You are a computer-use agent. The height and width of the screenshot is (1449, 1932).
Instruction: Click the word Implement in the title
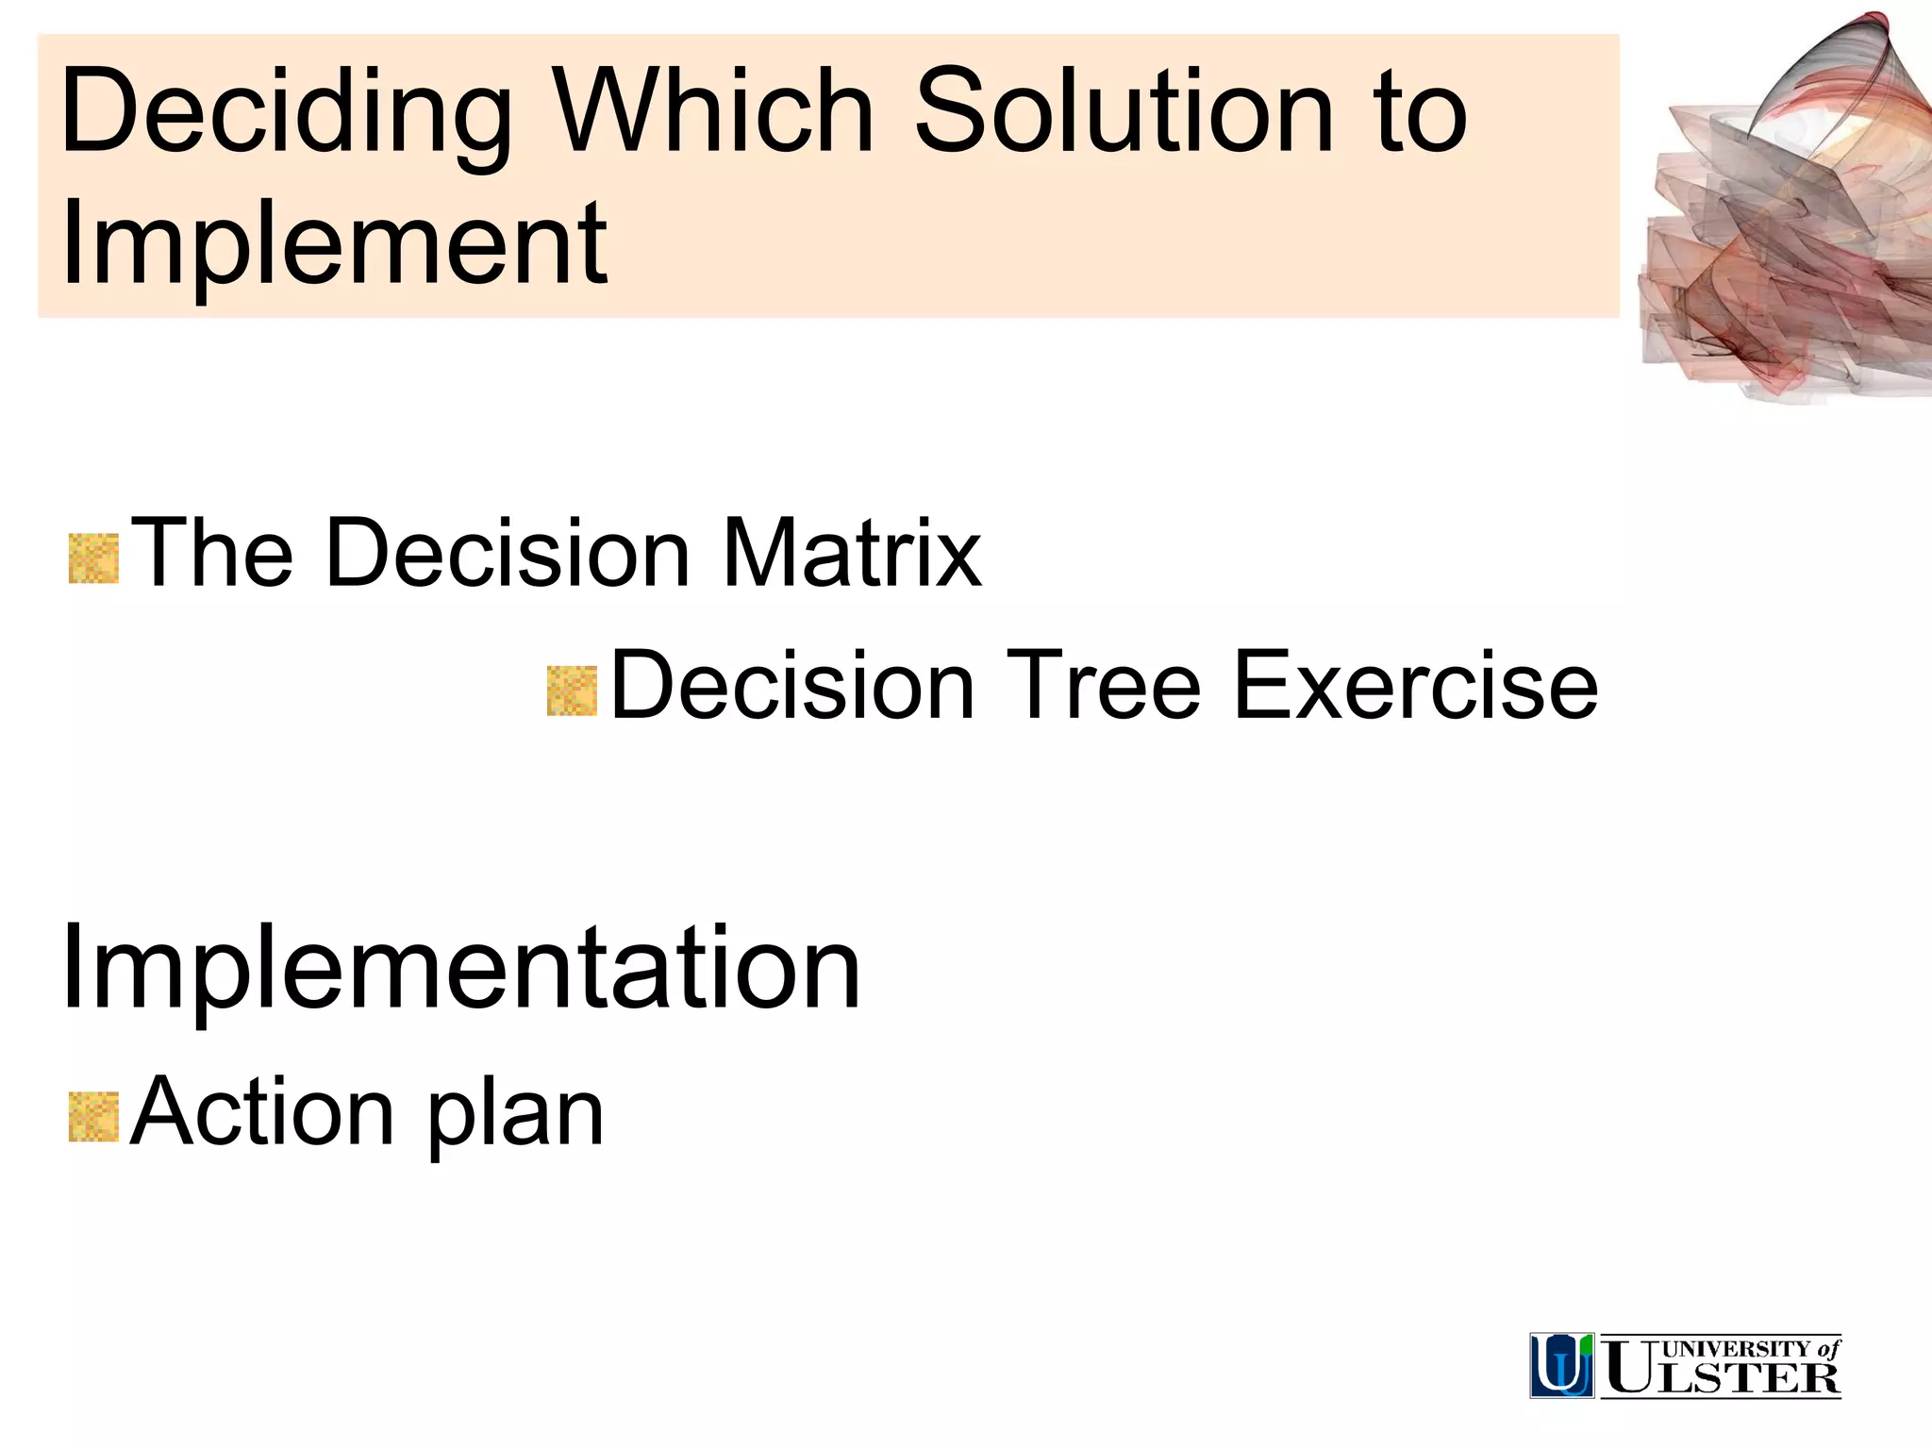pos(334,245)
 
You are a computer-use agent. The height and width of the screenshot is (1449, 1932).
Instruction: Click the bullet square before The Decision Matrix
pos(93,558)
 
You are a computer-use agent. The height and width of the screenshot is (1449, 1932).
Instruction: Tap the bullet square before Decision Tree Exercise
pos(572,691)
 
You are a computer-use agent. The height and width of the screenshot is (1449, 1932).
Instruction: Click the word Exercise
pos(1415,686)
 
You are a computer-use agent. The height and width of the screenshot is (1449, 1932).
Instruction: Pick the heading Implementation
pos(460,970)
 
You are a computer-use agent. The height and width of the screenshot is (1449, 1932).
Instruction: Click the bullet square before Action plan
pos(93,1117)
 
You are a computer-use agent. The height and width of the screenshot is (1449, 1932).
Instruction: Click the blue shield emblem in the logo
pos(1561,1365)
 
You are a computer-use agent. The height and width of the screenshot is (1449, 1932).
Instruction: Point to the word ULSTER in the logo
pos(1722,1378)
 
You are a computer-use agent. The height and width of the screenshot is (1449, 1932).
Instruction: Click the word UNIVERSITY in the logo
pos(1736,1349)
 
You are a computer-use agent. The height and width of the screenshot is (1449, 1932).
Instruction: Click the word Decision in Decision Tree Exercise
pos(792,686)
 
